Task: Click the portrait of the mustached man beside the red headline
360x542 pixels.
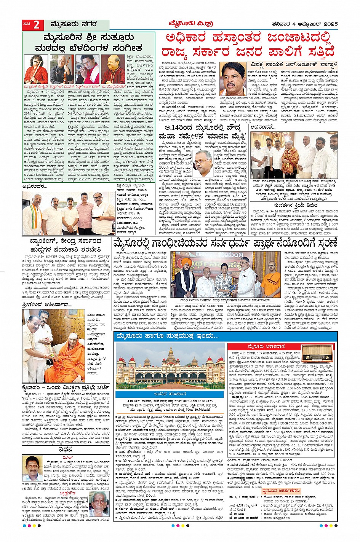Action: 234,79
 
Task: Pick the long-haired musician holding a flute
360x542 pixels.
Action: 36,69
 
